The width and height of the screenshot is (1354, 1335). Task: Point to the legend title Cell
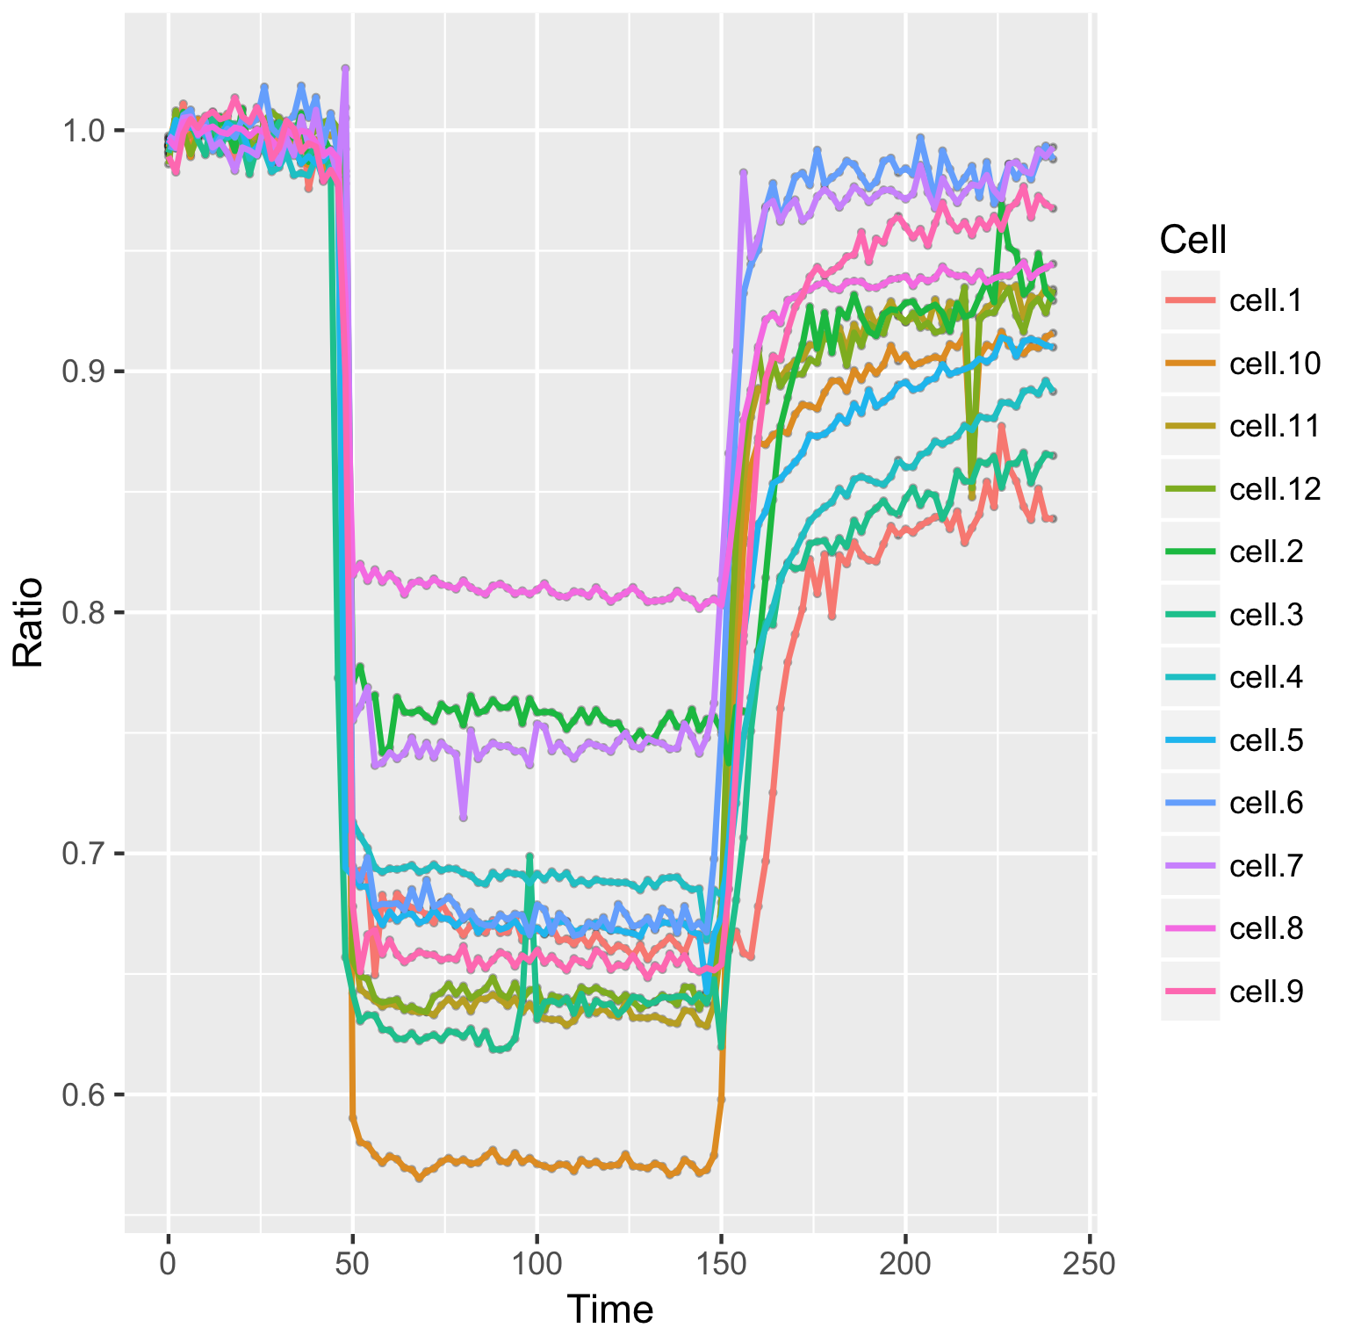click(1192, 239)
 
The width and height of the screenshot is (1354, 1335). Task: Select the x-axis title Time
click(610, 1310)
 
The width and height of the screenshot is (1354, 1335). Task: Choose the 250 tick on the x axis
click(1090, 1264)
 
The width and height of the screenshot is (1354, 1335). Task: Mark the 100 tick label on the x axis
click(537, 1264)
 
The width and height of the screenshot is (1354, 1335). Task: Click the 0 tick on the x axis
click(168, 1264)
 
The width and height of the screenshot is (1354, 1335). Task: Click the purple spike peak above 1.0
click(345, 68)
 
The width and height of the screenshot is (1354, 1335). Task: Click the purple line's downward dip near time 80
click(463, 817)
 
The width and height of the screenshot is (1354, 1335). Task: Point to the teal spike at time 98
click(529, 855)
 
